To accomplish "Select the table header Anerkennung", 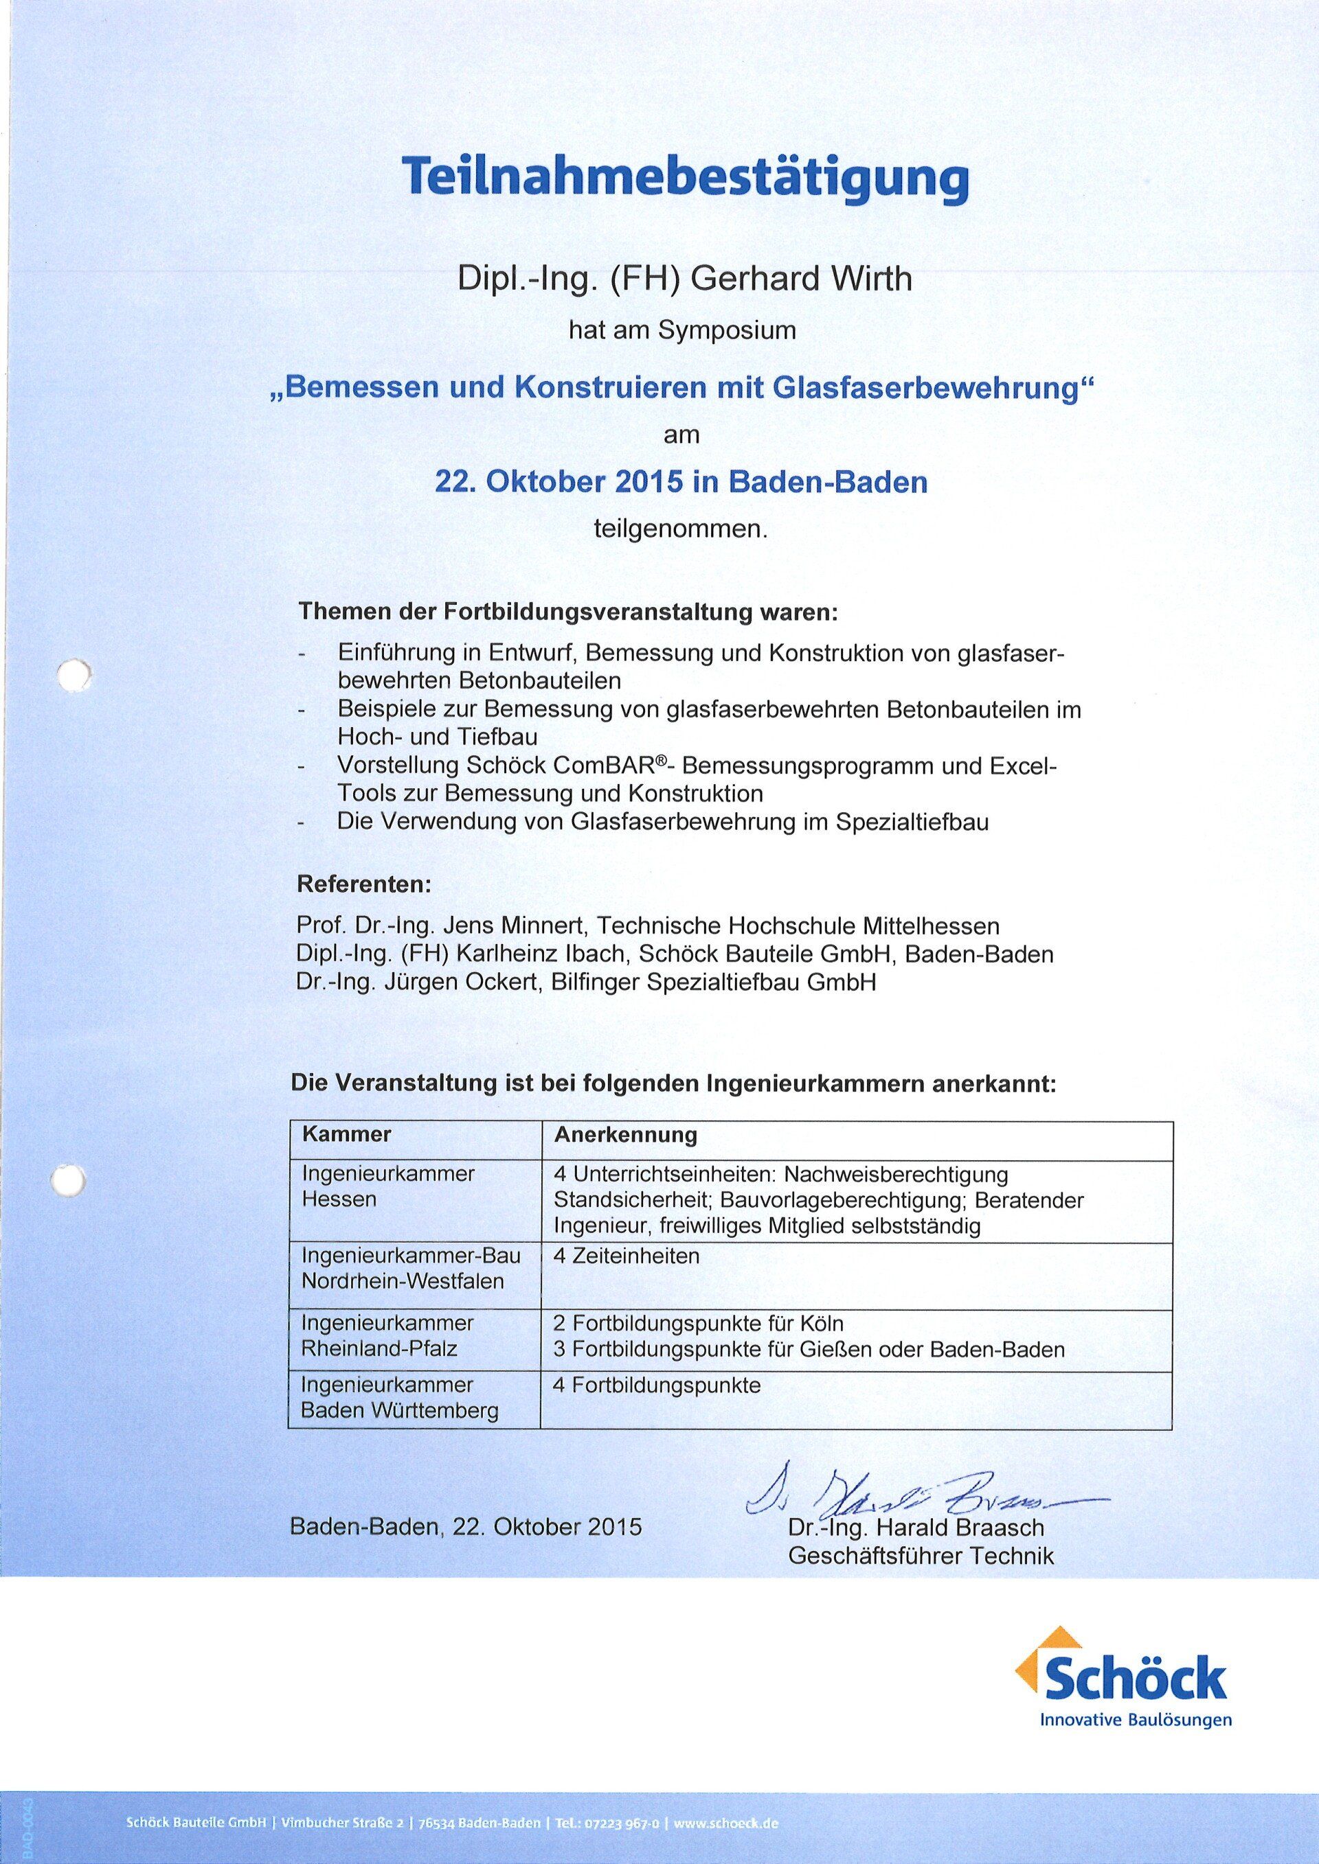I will pos(625,1134).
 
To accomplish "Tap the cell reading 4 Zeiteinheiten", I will pos(625,1256).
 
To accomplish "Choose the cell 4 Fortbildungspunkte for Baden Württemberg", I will pos(656,1384).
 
